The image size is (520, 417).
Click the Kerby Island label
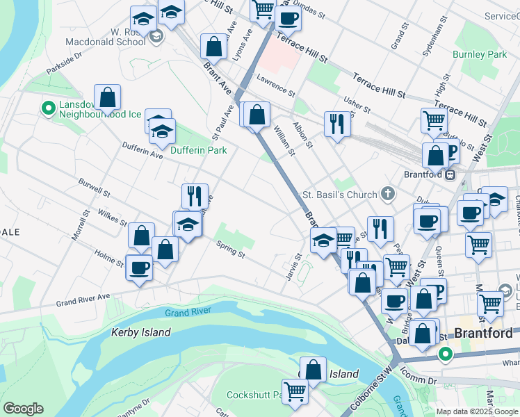tap(140, 332)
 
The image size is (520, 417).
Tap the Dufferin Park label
tap(199, 150)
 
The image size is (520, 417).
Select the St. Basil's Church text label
tap(339, 195)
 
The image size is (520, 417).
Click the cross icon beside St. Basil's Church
tap(388, 195)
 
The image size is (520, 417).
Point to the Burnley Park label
tap(480, 54)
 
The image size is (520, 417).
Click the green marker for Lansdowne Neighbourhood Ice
tap(48, 108)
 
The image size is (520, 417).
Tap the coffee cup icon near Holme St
tap(139, 268)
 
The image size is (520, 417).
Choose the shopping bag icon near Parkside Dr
tap(108, 97)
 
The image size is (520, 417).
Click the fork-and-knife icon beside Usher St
tap(337, 124)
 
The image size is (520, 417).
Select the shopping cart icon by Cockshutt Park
tap(295, 392)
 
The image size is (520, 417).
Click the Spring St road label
tap(230, 250)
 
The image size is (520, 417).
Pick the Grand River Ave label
tap(83, 301)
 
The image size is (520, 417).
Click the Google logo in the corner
tap(23, 409)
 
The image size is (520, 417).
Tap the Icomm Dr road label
tap(423, 381)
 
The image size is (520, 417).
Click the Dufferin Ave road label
tap(142, 151)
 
